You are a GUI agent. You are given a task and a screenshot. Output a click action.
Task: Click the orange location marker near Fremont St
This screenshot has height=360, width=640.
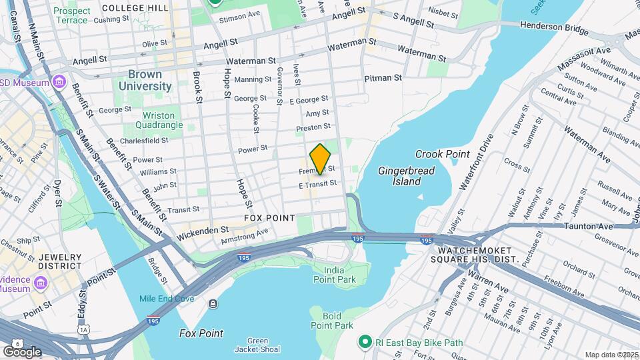320,158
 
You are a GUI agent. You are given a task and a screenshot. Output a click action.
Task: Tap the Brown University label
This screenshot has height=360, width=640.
145,80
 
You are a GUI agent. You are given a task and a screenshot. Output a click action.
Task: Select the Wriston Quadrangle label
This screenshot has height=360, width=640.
158,120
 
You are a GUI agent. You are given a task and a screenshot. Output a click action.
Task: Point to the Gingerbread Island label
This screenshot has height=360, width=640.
406,176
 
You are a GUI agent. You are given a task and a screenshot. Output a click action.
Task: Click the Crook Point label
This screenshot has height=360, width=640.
442,154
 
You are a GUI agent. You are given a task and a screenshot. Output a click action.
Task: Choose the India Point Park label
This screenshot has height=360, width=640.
339,274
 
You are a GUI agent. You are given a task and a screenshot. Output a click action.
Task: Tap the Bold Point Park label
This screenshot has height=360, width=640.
331,321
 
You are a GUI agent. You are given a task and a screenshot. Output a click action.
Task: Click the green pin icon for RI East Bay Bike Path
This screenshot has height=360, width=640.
365,343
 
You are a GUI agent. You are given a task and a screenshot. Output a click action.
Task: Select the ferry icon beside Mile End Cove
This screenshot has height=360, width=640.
212,304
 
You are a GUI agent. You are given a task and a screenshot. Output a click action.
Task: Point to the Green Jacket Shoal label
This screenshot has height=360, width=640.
257,345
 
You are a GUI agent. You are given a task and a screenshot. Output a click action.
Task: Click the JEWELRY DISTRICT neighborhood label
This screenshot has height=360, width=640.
60,261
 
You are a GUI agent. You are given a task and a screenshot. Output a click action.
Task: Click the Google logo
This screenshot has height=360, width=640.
22,351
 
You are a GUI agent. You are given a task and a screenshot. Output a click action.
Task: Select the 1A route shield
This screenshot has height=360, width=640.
83,329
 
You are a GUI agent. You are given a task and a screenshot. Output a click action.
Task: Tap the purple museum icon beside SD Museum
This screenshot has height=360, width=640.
59,83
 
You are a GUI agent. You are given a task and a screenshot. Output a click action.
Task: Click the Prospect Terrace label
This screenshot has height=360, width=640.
71,15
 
